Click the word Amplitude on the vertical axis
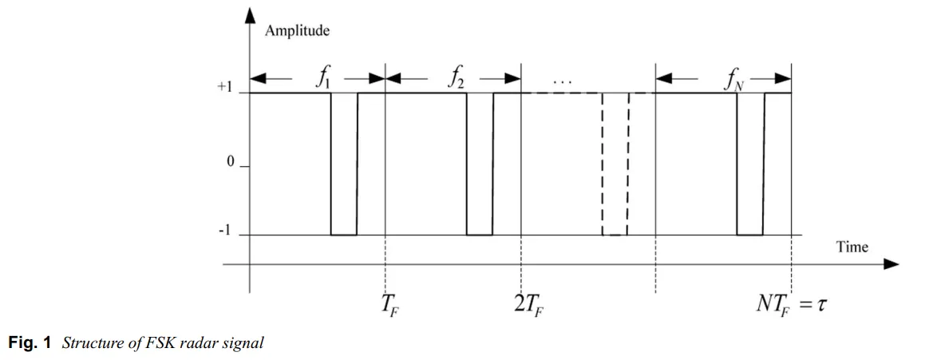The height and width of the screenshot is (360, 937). pos(298,31)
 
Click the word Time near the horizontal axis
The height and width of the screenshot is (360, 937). pos(852,247)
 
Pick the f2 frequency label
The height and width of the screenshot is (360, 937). pos(454,80)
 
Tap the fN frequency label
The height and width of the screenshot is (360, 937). pos(733,81)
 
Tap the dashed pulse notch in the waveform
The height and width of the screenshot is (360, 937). pos(615,164)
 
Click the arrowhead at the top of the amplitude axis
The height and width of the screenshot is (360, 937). pos(250,15)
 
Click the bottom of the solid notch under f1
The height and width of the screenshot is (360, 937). pos(344,235)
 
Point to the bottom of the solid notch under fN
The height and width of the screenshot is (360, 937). pos(750,235)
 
